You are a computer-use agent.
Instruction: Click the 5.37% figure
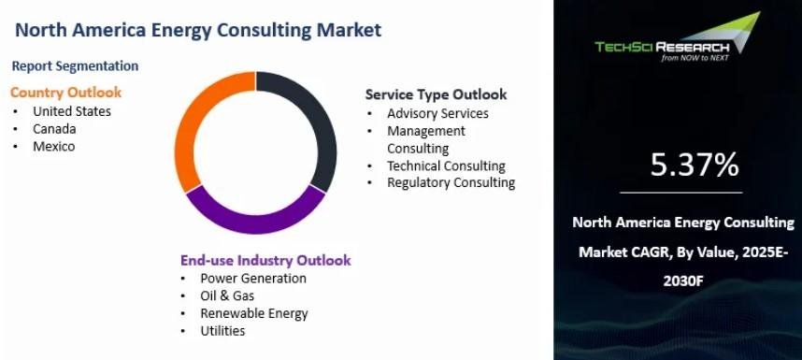(x=695, y=165)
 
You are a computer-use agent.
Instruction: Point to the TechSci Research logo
(x=677, y=37)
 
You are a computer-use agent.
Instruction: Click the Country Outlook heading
(x=66, y=93)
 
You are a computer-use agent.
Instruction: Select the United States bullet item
(x=72, y=111)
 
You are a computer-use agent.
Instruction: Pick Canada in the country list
(x=54, y=129)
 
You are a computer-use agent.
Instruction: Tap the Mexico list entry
(x=53, y=146)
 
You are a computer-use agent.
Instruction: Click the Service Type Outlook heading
(x=436, y=94)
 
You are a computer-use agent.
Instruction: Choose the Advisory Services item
(x=437, y=113)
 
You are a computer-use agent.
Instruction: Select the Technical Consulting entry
(x=446, y=166)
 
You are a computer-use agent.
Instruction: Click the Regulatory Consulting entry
(x=451, y=182)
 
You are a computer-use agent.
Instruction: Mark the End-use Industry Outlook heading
(x=265, y=260)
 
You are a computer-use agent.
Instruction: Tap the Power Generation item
(x=253, y=279)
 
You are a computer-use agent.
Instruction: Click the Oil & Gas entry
(x=227, y=295)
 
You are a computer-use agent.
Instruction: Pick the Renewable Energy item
(x=253, y=313)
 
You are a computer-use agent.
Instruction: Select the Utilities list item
(x=222, y=331)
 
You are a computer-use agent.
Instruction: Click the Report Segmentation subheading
(x=75, y=66)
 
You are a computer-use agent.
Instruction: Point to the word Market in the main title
(x=349, y=30)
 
